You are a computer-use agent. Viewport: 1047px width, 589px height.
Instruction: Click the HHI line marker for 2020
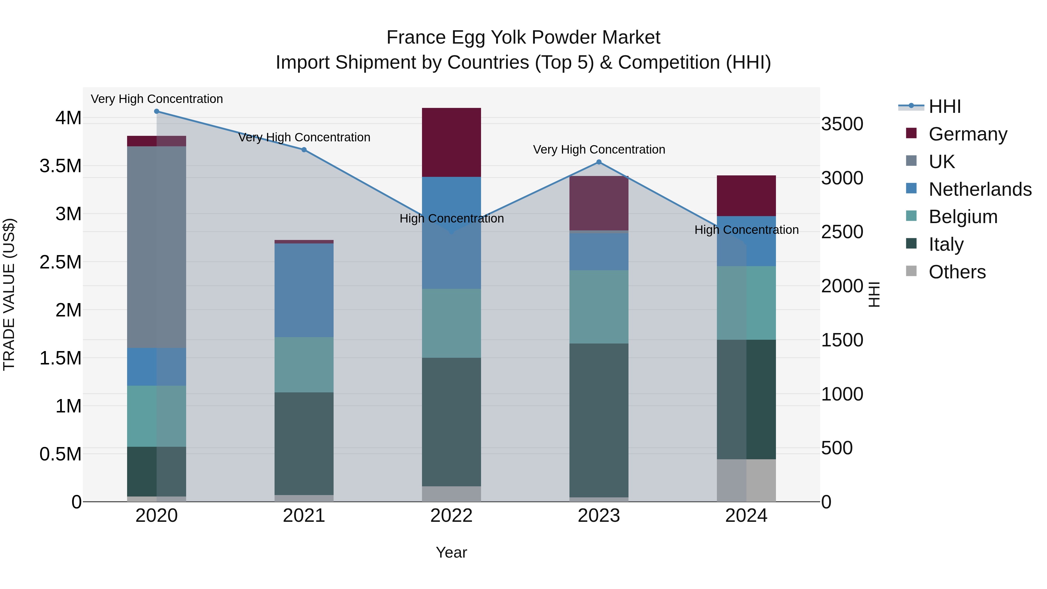[x=156, y=111]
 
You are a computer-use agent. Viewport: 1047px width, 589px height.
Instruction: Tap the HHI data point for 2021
[x=304, y=150]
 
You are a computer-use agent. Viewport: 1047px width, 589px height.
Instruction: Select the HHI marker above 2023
[x=599, y=162]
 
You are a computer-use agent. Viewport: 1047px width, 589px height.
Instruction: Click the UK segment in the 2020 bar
[x=156, y=247]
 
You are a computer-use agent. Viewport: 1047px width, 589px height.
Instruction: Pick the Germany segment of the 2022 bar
[x=451, y=142]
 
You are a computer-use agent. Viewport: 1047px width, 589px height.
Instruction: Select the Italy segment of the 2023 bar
[x=599, y=420]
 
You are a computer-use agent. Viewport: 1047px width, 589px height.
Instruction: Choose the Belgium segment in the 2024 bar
[x=746, y=303]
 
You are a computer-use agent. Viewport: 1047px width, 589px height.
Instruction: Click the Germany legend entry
[x=968, y=134]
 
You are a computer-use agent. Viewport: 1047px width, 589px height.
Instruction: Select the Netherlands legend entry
[x=980, y=189]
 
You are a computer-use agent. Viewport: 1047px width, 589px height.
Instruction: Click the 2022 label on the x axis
[x=451, y=516]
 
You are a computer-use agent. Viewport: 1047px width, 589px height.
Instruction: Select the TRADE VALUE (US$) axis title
[x=9, y=294]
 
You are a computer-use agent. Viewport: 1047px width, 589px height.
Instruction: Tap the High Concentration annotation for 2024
[x=746, y=230]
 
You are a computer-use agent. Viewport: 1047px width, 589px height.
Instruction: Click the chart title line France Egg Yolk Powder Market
[x=523, y=38]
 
